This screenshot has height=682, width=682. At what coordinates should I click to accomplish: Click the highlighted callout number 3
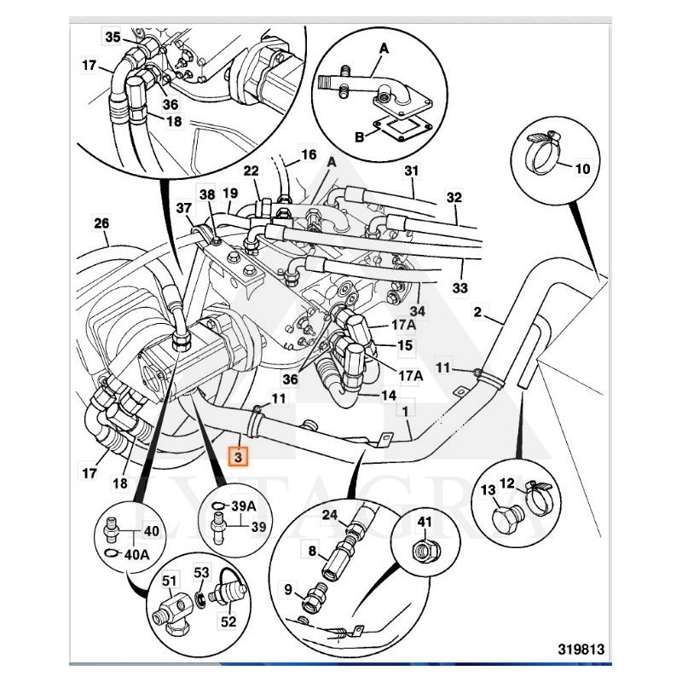pos(239,459)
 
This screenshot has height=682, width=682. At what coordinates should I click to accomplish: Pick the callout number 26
pos(101,224)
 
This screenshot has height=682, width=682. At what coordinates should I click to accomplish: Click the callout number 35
pos(113,37)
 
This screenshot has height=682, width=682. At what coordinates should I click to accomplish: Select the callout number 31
pos(412,170)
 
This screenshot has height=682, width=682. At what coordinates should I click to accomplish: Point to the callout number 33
pos(460,288)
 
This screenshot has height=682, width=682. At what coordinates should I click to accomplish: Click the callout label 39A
pos(243,507)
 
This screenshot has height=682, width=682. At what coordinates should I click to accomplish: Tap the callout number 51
pos(170,582)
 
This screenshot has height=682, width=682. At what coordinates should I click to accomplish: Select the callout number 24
pos(330,514)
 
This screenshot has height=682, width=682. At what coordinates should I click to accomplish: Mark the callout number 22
pos(251,171)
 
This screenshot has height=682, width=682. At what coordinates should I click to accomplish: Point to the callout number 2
pos(478,312)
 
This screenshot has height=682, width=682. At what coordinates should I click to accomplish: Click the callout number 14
pos(389,396)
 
